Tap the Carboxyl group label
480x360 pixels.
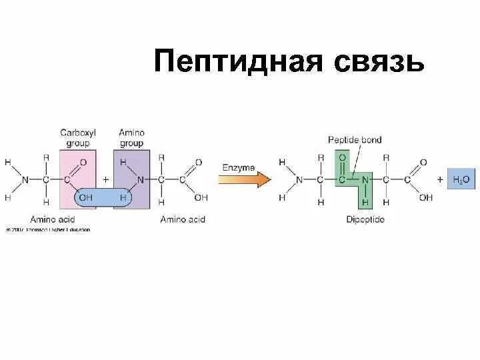tap(78, 137)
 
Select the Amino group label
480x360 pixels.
tap(131, 137)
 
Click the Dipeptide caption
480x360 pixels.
tap(364, 219)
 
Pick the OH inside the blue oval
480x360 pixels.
tap(86, 197)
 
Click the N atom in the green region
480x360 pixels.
tap(364, 179)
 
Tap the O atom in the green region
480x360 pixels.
tap(342, 157)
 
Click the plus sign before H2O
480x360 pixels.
tap(440, 179)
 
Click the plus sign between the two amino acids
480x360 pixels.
tap(105, 180)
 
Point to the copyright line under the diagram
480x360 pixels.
tap(47, 230)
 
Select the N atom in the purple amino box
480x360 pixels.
tap(140, 180)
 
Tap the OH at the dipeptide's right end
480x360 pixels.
tap(426, 197)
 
